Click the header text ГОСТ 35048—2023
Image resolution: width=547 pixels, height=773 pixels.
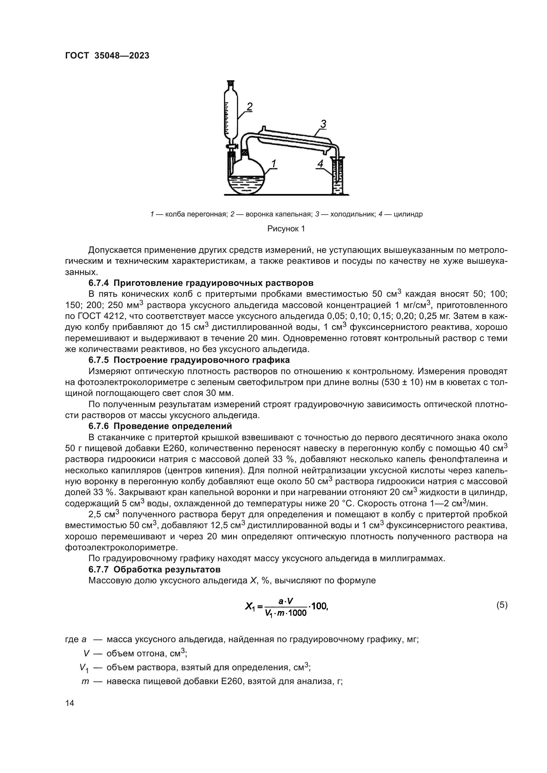tap(107, 56)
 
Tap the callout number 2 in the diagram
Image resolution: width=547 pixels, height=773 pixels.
tap(249, 107)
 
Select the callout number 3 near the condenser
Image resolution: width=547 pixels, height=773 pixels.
tap(323, 124)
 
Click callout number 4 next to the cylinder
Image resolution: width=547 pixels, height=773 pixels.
tap(320, 164)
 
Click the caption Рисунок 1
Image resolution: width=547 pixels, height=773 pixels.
tap(286, 229)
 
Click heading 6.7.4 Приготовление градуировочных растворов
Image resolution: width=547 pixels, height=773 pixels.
tap(201, 283)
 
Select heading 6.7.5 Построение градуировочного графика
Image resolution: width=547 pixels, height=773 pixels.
tap(189, 360)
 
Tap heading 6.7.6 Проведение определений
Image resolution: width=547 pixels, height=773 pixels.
tap(160, 426)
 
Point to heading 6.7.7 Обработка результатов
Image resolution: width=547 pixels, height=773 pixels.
tap(154, 570)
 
